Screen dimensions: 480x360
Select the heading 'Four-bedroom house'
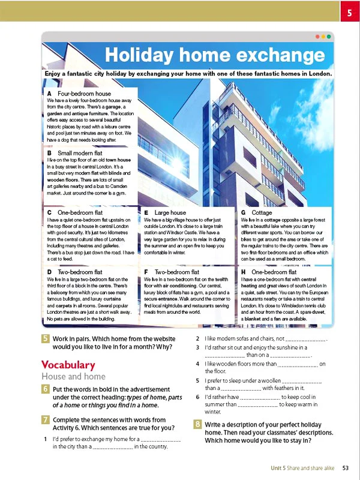click(84, 94)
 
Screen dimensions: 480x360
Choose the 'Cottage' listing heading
click(261, 212)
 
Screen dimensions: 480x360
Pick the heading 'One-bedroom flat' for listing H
click(272, 272)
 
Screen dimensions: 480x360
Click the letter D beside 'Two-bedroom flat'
click(49, 272)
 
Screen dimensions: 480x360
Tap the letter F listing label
click(147, 272)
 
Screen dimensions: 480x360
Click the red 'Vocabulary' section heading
click(68, 365)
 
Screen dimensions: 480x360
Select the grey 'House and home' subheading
click(73, 377)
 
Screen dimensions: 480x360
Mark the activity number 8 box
click(197, 424)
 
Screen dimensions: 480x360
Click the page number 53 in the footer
click(346, 467)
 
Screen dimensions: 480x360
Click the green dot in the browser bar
click(329, 36)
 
